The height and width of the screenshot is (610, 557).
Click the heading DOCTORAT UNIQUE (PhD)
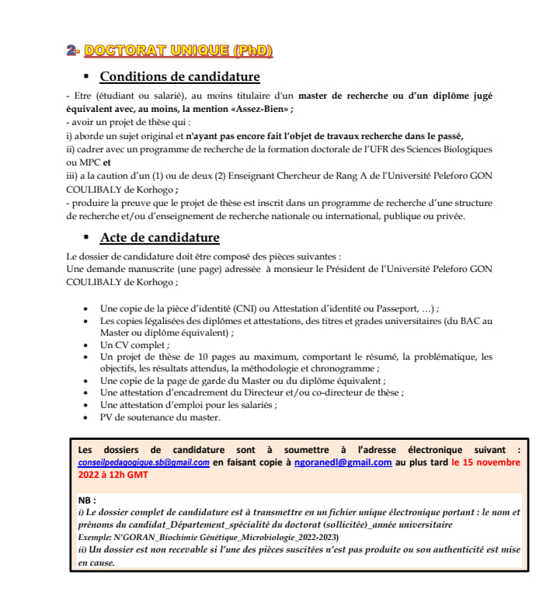(179, 51)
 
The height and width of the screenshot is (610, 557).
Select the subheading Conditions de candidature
(179, 77)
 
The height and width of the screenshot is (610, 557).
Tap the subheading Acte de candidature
(159, 237)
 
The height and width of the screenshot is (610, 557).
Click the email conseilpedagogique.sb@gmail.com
(144, 462)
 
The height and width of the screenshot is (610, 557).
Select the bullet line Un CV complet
(134, 343)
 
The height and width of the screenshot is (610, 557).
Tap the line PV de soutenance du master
(160, 417)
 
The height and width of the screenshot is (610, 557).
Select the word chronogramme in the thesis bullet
(343, 368)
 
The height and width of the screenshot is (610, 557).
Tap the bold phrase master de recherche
(345, 96)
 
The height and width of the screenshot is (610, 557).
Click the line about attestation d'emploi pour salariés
(188, 405)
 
